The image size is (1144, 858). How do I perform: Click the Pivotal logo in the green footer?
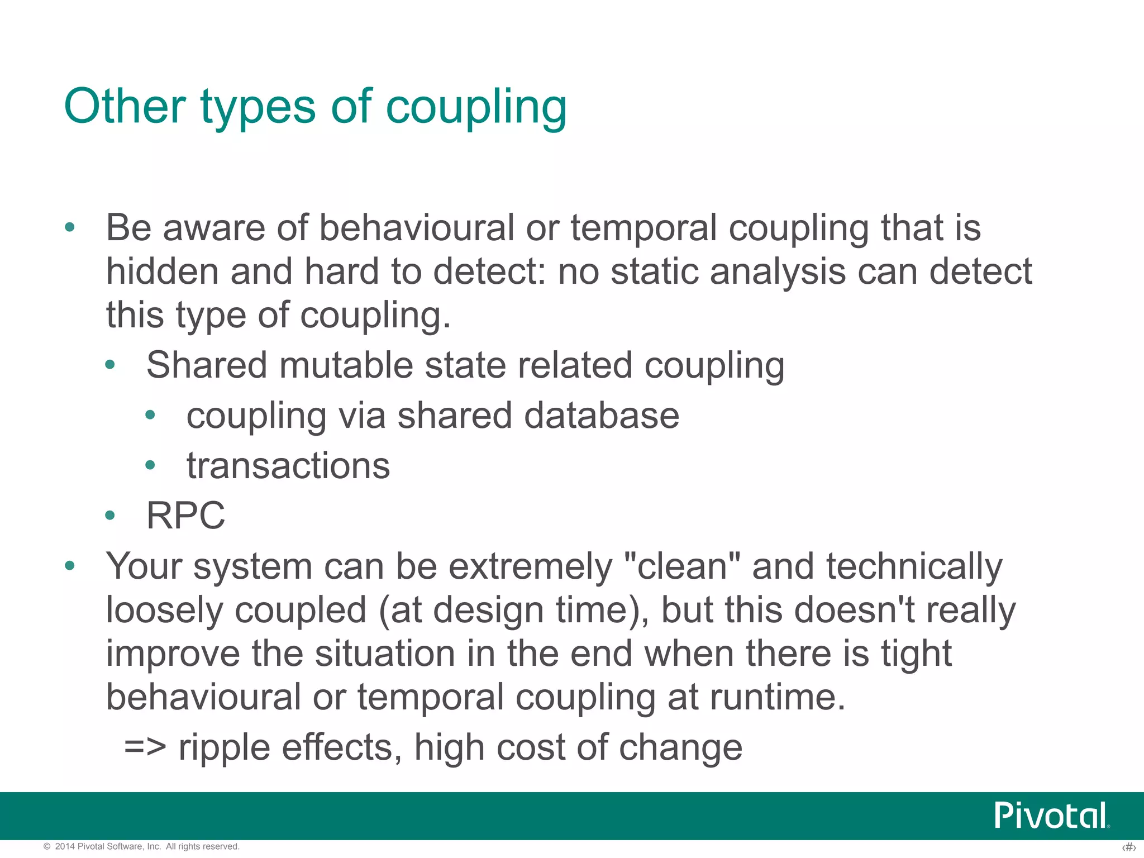point(1051,816)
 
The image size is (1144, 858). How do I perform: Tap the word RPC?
point(185,515)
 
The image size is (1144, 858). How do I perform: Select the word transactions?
point(288,465)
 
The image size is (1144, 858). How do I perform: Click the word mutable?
point(346,365)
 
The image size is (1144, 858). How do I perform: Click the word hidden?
point(162,271)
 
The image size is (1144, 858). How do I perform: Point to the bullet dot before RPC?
point(110,516)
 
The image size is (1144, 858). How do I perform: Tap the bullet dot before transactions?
point(150,465)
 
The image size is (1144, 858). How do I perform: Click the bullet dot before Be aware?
point(70,227)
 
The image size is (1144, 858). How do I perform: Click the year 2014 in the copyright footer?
point(65,846)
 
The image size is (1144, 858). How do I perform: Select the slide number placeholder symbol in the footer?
point(1128,847)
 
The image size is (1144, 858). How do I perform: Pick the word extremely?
point(531,566)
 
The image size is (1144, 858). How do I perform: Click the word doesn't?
point(854,609)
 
